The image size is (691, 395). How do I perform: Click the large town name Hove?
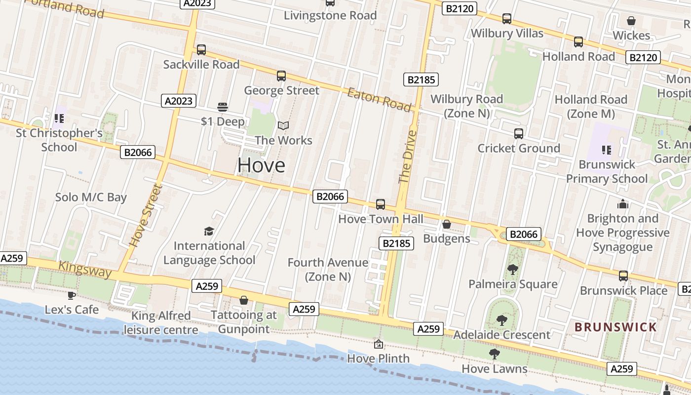click(x=261, y=165)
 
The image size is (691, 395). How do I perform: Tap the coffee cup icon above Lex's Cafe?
click(x=72, y=295)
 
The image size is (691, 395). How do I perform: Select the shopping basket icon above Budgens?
click(x=447, y=224)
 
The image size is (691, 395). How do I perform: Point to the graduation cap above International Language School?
click(x=209, y=231)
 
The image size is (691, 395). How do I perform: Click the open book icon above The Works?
click(x=283, y=126)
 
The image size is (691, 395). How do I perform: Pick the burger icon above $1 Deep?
click(x=223, y=107)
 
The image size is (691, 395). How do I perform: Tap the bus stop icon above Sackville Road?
click(x=201, y=50)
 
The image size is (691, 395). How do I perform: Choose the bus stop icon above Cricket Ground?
click(x=519, y=133)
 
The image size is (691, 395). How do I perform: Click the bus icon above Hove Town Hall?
click(x=380, y=204)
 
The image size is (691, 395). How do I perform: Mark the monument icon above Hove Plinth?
click(x=379, y=344)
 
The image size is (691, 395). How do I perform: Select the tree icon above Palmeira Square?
click(x=513, y=270)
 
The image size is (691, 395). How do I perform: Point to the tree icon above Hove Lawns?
click(x=494, y=354)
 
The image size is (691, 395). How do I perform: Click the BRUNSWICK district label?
click(x=616, y=327)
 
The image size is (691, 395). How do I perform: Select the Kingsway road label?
click(x=85, y=269)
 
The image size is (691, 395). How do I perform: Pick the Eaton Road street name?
click(x=379, y=99)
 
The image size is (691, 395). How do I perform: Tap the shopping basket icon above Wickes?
click(x=631, y=21)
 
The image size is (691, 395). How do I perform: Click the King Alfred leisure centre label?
click(x=161, y=323)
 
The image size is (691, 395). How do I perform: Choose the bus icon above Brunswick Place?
click(x=623, y=276)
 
